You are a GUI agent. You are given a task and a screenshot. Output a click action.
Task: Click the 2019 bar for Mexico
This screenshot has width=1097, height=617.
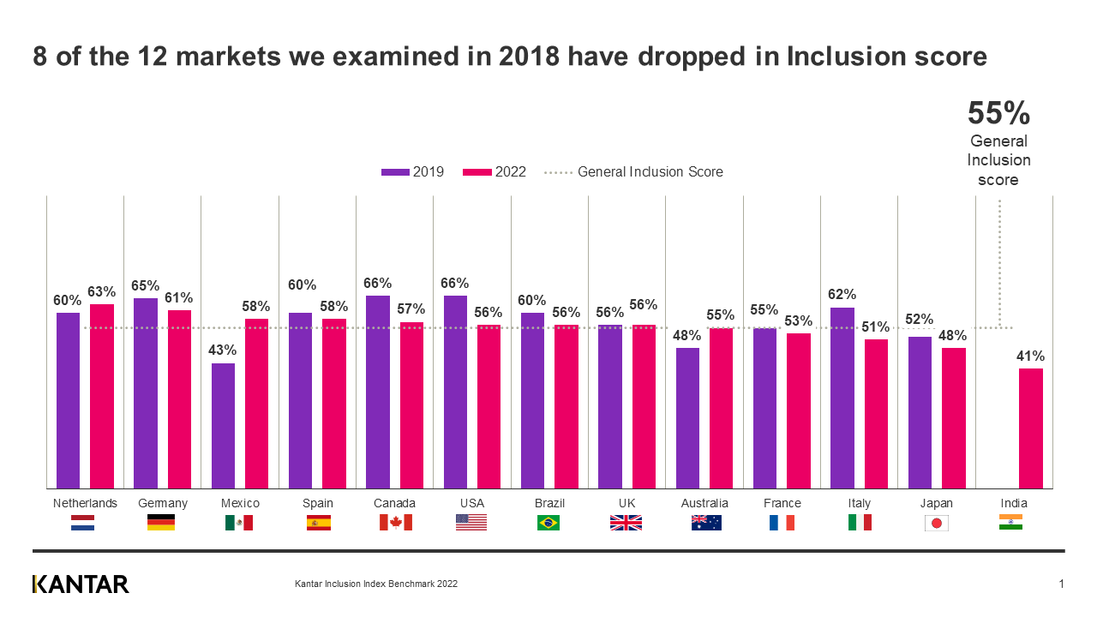[x=223, y=426]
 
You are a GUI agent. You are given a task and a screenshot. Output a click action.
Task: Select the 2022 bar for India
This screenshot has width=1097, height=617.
[x=1031, y=428]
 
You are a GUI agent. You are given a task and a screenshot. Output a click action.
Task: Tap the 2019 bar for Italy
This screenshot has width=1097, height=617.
[x=842, y=398]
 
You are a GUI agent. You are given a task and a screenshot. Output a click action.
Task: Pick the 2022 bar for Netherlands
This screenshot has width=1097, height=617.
[x=102, y=396]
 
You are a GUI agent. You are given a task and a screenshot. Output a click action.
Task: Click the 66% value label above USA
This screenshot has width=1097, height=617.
[x=455, y=284]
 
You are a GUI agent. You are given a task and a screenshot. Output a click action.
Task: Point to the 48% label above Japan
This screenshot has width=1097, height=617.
[x=953, y=336]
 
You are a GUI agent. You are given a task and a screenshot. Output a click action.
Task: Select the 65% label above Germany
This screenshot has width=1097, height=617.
[x=146, y=286]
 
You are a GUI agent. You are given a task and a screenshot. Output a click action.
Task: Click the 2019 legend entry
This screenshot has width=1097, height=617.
[x=413, y=172]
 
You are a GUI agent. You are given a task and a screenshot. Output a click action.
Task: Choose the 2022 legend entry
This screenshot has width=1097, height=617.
[x=495, y=172]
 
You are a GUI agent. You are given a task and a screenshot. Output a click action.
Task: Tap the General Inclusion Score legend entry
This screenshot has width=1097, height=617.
[x=634, y=172]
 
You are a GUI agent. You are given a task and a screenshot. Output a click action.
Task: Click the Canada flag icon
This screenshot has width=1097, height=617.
[x=395, y=523]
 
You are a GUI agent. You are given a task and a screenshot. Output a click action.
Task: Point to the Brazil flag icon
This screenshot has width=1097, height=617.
[x=548, y=523]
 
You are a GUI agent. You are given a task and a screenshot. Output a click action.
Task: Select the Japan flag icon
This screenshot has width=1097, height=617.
[x=936, y=523]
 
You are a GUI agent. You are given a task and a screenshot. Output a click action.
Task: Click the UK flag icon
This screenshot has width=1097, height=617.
[x=626, y=523]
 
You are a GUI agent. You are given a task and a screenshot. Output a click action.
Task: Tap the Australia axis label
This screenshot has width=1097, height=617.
[x=704, y=503]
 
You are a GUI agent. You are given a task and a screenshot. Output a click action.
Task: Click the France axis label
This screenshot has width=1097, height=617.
[x=782, y=503]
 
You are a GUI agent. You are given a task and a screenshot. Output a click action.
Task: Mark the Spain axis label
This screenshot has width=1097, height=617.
[x=318, y=503]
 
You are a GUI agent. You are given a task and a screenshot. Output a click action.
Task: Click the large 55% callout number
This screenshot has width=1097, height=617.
[x=998, y=113]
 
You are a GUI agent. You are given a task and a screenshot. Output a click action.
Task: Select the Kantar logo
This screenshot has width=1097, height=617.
[x=81, y=584]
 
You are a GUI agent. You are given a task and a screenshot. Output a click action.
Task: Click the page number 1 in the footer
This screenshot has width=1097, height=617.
[x=1061, y=584]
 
